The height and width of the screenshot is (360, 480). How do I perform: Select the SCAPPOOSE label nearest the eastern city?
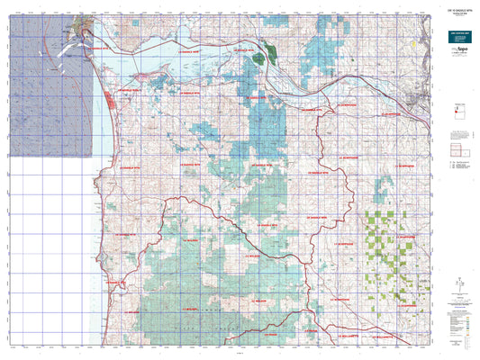tap(393, 114)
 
